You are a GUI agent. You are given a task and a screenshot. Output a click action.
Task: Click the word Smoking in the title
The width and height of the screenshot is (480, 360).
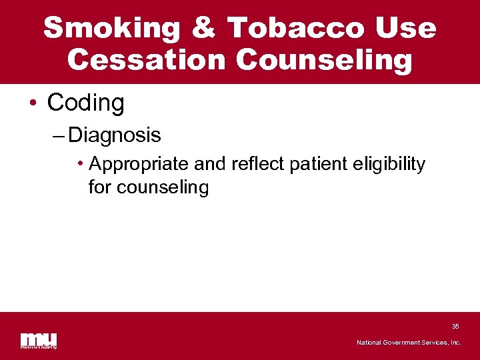coord(112,29)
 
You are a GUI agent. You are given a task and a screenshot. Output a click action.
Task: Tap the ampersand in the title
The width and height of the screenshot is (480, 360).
coord(203,29)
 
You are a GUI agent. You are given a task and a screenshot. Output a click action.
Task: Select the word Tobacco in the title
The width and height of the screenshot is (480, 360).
coord(295,29)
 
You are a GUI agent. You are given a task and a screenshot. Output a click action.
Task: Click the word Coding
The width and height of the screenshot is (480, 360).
coord(85,103)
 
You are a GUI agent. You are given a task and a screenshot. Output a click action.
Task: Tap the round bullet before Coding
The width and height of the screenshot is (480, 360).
coord(33,104)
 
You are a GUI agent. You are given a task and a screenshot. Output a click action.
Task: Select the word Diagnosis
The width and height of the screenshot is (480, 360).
coord(115,135)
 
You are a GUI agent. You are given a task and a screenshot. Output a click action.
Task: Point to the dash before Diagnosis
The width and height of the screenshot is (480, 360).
coord(58,136)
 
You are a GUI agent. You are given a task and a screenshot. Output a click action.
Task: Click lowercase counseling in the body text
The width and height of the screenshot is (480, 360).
coord(163,188)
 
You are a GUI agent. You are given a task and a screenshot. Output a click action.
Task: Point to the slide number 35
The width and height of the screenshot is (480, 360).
coord(455,327)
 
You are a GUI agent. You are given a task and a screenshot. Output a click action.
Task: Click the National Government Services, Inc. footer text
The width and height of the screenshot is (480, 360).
coord(409,343)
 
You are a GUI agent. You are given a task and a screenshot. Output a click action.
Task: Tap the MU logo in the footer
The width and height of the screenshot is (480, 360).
coord(39,340)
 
